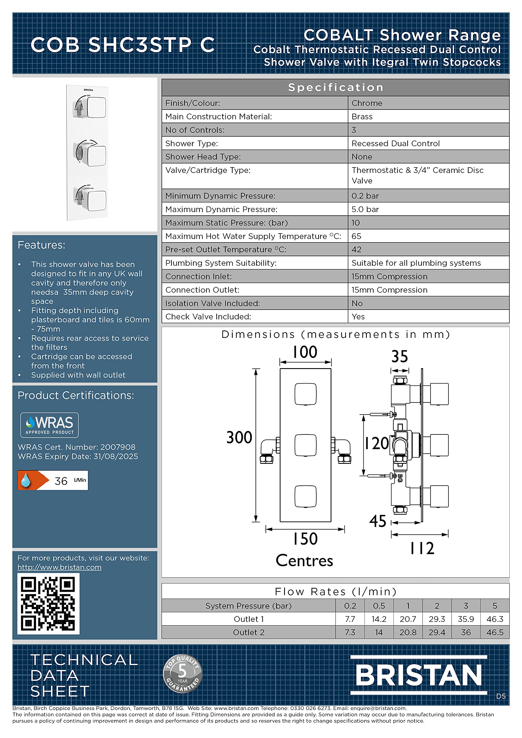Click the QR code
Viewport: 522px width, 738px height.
[48, 603]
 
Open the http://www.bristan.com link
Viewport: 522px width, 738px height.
[59, 567]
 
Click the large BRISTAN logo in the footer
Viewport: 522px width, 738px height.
[418, 675]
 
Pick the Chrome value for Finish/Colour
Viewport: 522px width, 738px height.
[367, 103]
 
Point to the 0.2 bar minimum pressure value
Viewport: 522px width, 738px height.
[365, 196]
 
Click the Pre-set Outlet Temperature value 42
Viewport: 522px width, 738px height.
[356, 249]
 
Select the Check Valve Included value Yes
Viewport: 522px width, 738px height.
[358, 317]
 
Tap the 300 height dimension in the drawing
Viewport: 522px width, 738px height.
[239, 437]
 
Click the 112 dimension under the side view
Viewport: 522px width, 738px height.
[422, 548]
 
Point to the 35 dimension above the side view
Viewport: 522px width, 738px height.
[399, 356]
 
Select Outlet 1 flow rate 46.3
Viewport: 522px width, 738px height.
[495, 619]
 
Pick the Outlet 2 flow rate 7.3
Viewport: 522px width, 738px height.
[350, 632]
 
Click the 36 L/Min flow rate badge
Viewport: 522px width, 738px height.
[53, 480]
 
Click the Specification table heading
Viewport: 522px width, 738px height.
[335, 87]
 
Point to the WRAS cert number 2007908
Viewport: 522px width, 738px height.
[118, 447]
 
